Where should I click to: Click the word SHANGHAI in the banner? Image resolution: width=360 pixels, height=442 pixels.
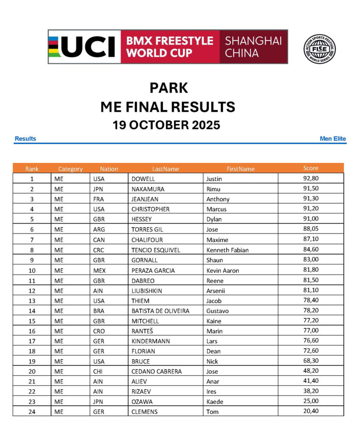[x=253, y=41]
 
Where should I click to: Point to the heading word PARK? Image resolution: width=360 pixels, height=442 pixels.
[x=169, y=88]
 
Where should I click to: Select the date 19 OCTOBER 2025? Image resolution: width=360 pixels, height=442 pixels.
[x=167, y=125]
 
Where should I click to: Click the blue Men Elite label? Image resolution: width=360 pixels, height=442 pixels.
[x=332, y=139]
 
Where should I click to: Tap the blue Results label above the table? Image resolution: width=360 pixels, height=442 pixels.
[x=25, y=139]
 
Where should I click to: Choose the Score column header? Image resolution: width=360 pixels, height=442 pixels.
[x=310, y=168]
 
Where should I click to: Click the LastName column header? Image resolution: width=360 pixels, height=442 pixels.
[x=165, y=169]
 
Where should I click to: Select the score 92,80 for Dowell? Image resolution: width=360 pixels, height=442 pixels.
[x=311, y=178]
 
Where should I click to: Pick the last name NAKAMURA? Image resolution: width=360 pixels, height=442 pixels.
[x=148, y=189]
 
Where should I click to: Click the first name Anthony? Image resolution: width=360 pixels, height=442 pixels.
[x=218, y=199]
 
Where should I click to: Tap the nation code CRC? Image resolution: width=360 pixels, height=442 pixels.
[x=99, y=250]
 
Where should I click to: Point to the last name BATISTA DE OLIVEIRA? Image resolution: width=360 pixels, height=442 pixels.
[x=160, y=311]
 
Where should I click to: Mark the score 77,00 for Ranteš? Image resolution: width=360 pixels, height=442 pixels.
[x=311, y=331]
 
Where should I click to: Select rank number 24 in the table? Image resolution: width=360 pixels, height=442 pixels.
[x=32, y=412]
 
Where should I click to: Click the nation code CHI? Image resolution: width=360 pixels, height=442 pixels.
[x=98, y=371]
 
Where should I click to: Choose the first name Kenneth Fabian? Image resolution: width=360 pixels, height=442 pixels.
[x=227, y=250]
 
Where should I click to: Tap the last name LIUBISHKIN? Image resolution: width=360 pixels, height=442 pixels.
[x=147, y=290]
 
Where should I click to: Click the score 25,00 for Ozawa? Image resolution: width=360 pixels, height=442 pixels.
[x=311, y=401]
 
